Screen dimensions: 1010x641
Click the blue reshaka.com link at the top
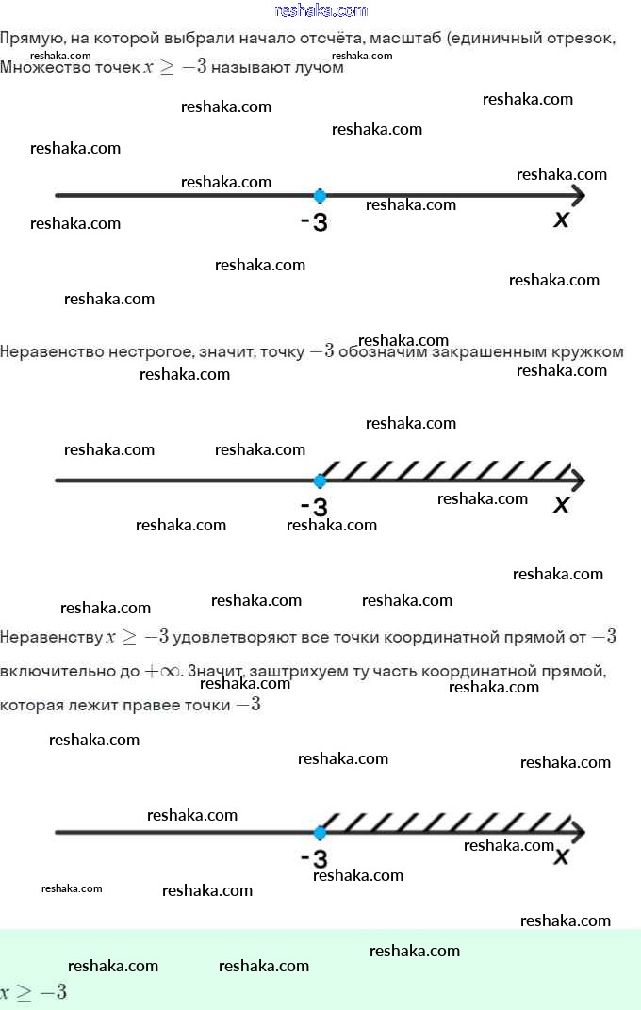(x=320, y=10)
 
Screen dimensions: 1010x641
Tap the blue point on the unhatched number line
(x=320, y=196)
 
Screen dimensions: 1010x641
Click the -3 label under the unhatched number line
(x=314, y=223)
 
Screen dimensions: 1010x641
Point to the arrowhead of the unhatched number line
(x=577, y=196)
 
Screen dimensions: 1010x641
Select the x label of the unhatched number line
(x=562, y=220)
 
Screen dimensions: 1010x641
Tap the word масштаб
(x=407, y=40)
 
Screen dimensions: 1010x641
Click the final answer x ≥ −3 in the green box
(x=34, y=992)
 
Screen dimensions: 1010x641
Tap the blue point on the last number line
(x=320, y=833)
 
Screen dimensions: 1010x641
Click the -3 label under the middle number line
(x=314, y=507)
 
